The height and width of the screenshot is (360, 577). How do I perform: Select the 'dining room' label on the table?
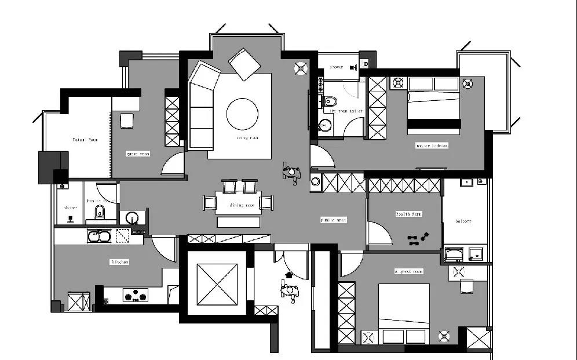point(243,205)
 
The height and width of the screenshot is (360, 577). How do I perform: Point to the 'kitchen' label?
point(119,262)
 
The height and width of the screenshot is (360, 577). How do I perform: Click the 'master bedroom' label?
point(432,146)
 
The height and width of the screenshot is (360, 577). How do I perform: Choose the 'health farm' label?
point(409,214)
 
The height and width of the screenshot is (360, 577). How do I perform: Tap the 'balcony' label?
point(463,221)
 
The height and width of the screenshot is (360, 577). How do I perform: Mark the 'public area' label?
point(334,220)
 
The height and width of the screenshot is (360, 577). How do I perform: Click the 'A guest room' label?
point(409,271)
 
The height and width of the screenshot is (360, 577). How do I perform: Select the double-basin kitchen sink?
point(98,236)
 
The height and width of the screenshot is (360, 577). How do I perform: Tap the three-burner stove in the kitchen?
point(135,296)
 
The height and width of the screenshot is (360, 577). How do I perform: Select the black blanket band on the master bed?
point(433,123)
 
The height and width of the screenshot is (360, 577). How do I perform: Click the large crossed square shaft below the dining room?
point(217,283)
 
